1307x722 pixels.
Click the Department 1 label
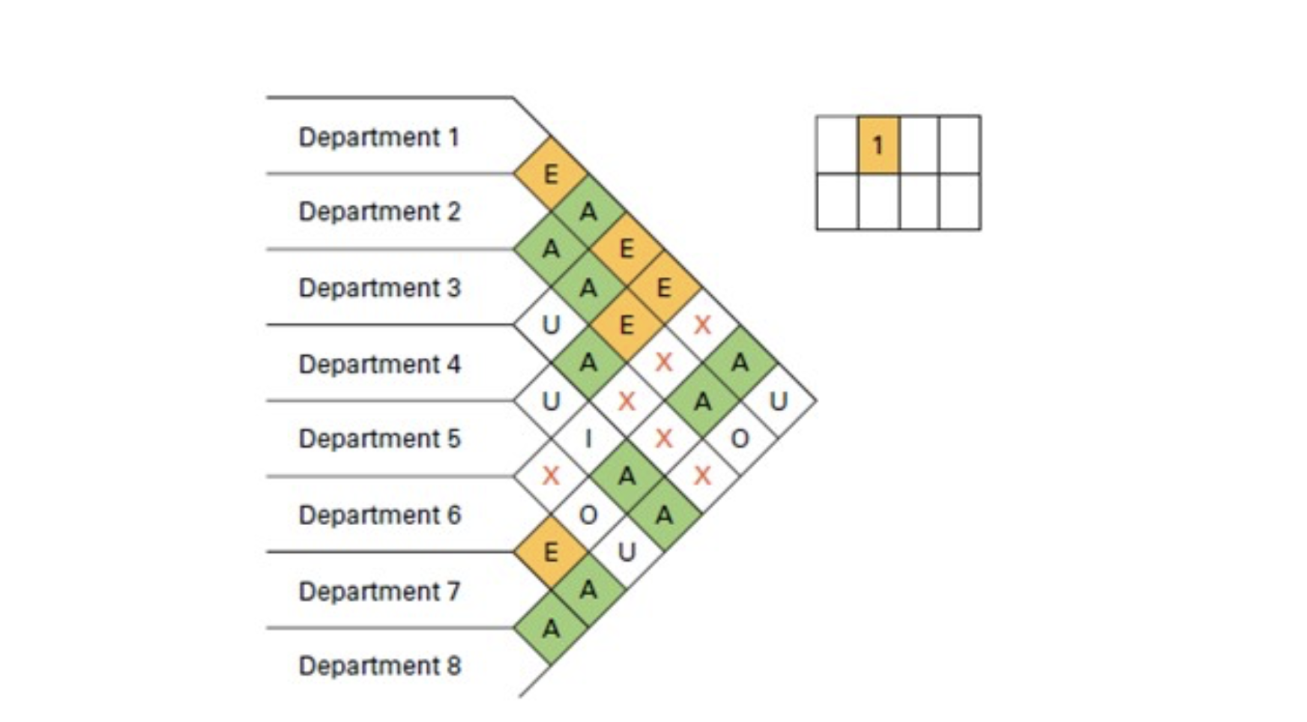pos(378,137)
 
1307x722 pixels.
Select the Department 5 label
pos(379,438)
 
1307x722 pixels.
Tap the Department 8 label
pos(379,665)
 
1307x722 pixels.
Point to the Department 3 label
pos(379,288)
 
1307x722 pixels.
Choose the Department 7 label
pos(379,591)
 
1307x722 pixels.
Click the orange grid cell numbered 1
pos(878,145)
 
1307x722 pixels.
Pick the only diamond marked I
pos(588,438)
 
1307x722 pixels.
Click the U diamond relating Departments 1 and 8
pos(778,401)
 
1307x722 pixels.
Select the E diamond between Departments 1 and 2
pos(550,174)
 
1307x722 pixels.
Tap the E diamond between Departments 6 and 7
pos(550,553)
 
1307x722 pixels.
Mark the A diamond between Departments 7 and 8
pos(550,628)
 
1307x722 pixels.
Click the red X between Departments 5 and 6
pos(550,476)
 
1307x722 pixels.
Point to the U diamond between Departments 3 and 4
pos(550,325)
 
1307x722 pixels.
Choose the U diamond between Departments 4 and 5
pos(550,401)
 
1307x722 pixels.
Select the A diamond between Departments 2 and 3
pos(550,249)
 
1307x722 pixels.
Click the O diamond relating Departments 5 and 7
pos(588,515)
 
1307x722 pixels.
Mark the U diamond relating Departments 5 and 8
pos(627,553)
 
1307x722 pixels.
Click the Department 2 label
pos(379,212)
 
